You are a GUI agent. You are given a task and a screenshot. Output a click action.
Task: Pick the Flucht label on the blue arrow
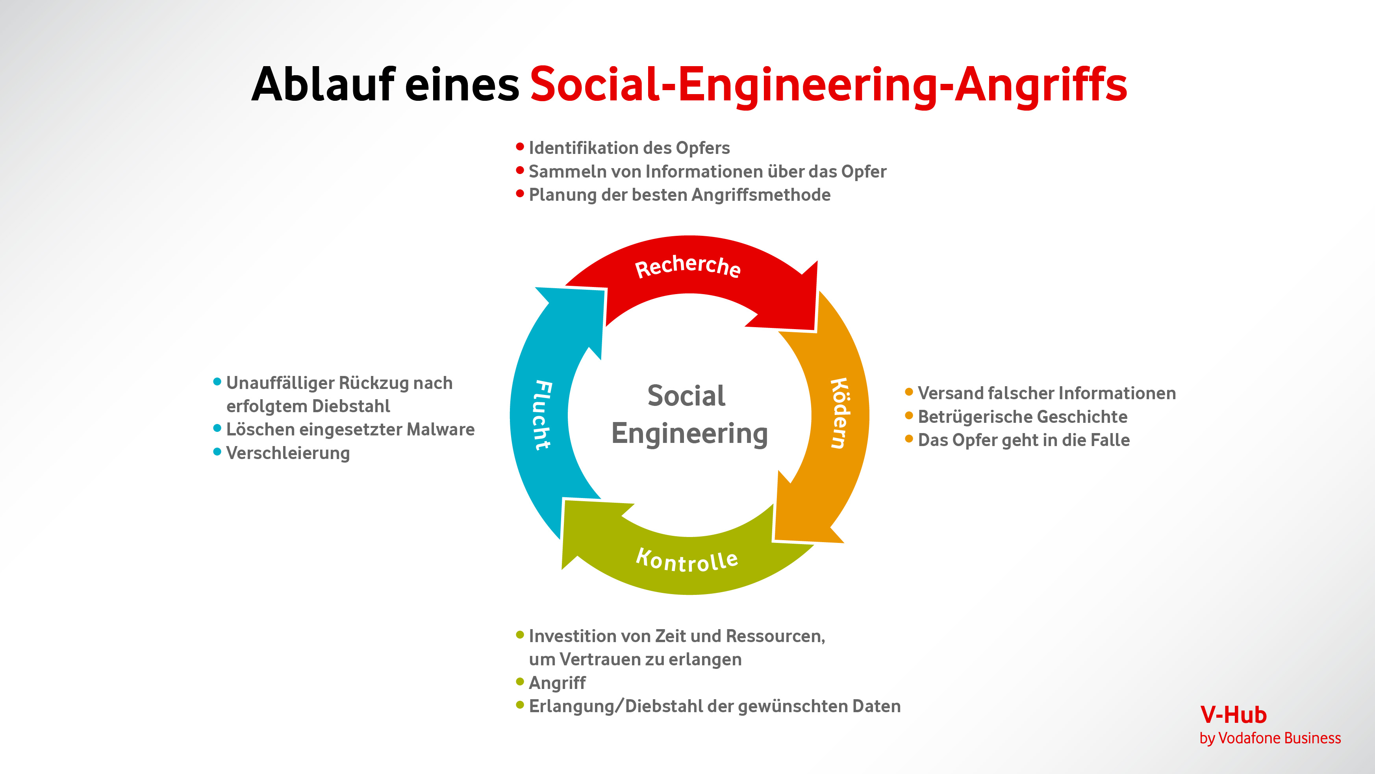point(543,415)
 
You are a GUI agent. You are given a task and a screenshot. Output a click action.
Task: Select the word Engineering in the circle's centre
point(689,433)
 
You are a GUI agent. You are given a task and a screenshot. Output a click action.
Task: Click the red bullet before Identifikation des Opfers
point(520,146)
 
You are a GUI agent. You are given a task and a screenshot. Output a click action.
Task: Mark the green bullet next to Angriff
point(520,681)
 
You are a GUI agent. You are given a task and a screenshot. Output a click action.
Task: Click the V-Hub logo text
point(1233,715)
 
